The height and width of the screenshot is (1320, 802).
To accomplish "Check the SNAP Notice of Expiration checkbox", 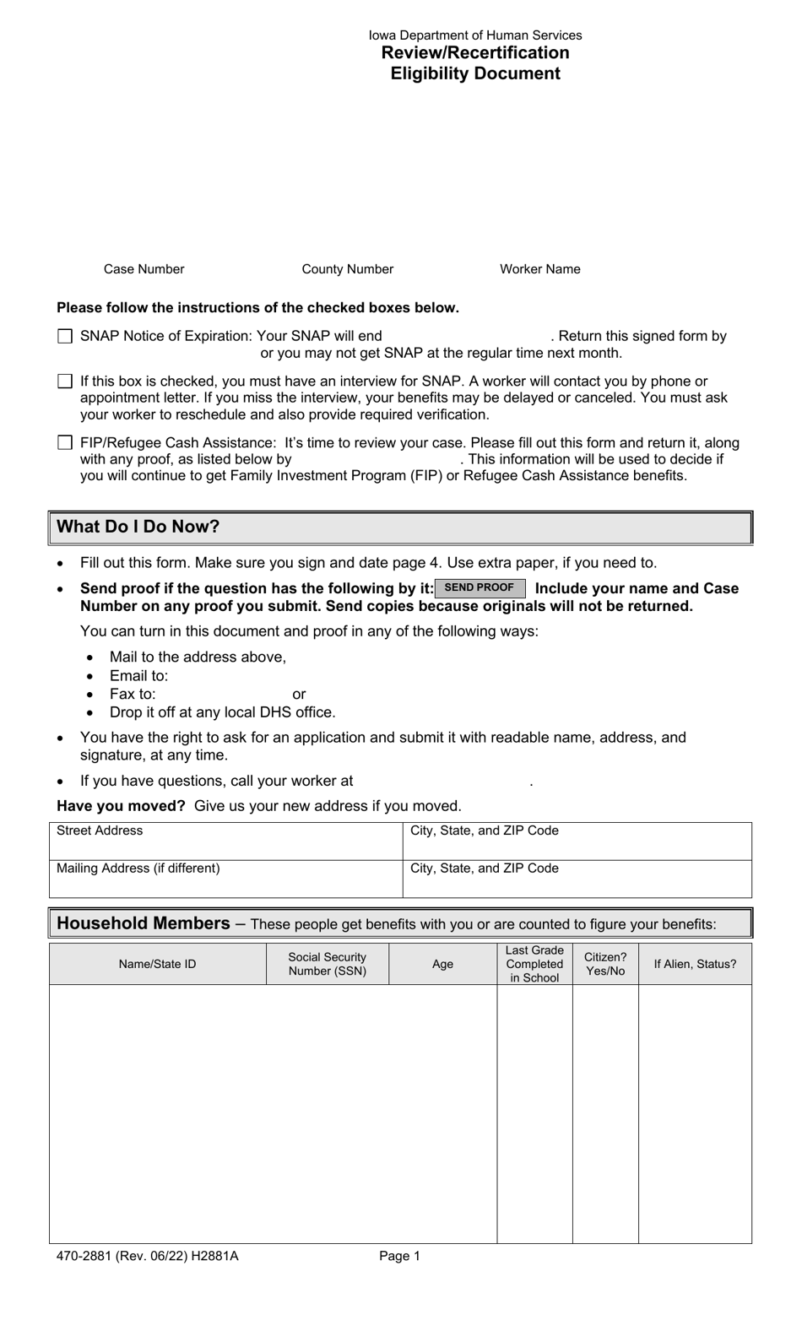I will click(x=65, y=337).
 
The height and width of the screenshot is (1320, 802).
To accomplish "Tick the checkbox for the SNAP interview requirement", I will click(x=65, y=381).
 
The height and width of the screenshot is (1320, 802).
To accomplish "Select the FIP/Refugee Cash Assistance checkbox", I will click(x=65, y=443).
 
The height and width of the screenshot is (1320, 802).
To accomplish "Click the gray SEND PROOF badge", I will click(x=480, y=588).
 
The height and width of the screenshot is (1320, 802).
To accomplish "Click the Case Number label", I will click(x=144, y=269).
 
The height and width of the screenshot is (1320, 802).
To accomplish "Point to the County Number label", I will click(x=347, y=269).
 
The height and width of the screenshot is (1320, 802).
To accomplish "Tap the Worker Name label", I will click(x=539, y=269).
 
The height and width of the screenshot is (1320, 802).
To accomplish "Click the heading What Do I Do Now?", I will click(x=138, y=527).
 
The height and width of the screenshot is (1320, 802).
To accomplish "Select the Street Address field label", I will click(x=100, y=830).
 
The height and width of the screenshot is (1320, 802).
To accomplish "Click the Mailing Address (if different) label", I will click(x=138, y=868).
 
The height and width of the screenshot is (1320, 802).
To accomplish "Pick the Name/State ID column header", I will click(x=157, y=964).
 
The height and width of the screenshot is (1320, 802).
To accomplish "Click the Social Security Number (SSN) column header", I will click(x=328, y=964).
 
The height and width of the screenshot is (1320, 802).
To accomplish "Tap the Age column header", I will click(x=442, y=964).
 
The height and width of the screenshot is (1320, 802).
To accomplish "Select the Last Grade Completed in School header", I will click(x=534, y=964).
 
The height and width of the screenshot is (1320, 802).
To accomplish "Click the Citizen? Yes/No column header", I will click(x=605, y=964).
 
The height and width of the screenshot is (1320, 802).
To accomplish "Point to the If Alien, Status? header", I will click(x=695, y=964).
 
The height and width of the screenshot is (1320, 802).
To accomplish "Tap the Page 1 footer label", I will click(x=399, y=1256).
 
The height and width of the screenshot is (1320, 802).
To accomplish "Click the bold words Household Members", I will click(x=143, y=924).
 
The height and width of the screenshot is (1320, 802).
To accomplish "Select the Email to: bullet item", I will click(x=138, y=676).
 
